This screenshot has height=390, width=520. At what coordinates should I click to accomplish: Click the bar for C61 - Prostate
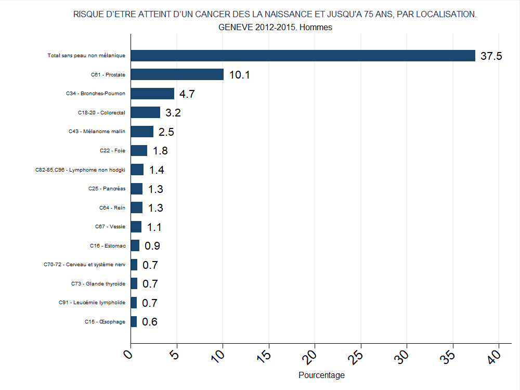(x=177, y=74)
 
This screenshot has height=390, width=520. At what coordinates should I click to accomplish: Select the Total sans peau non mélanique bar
(x=303, y=56)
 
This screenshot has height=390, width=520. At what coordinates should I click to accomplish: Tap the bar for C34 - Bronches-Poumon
(x=152, y=94)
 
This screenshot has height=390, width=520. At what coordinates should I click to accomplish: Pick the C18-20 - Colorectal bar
(x=145, y=112)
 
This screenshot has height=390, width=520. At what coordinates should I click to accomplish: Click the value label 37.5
(x=491, y=56)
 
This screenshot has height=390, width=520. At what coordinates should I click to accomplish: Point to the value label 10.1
(x=239, y=75)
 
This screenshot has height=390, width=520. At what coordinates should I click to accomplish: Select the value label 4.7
(x=187, y=94)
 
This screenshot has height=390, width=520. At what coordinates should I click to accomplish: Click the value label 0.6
(x=150, y=322)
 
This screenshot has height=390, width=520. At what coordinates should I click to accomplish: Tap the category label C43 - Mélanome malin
(x=97, y=132)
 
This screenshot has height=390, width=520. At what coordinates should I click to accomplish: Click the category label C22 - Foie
(x=112, y=151)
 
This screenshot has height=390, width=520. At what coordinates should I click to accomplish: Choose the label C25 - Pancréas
(x=107, y=189)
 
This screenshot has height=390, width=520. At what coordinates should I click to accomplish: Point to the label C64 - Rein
(x=112, y=208)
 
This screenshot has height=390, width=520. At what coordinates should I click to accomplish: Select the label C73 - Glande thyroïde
(x=98, y=284)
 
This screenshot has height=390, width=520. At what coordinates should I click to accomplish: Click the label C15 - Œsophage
(x=105, y=322)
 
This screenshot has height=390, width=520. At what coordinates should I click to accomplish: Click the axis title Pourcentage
(x=321, y=375)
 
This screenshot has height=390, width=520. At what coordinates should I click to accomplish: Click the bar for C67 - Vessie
(x=136, y=227)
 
